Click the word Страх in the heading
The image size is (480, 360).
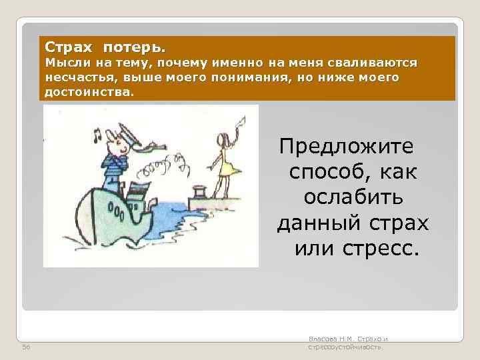click(x=64, y=48)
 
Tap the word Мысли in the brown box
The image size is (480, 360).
click(x=64, y=63)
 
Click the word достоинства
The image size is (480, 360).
click(x=88, y=92)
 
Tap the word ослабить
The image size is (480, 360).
click(x=353, y=198)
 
